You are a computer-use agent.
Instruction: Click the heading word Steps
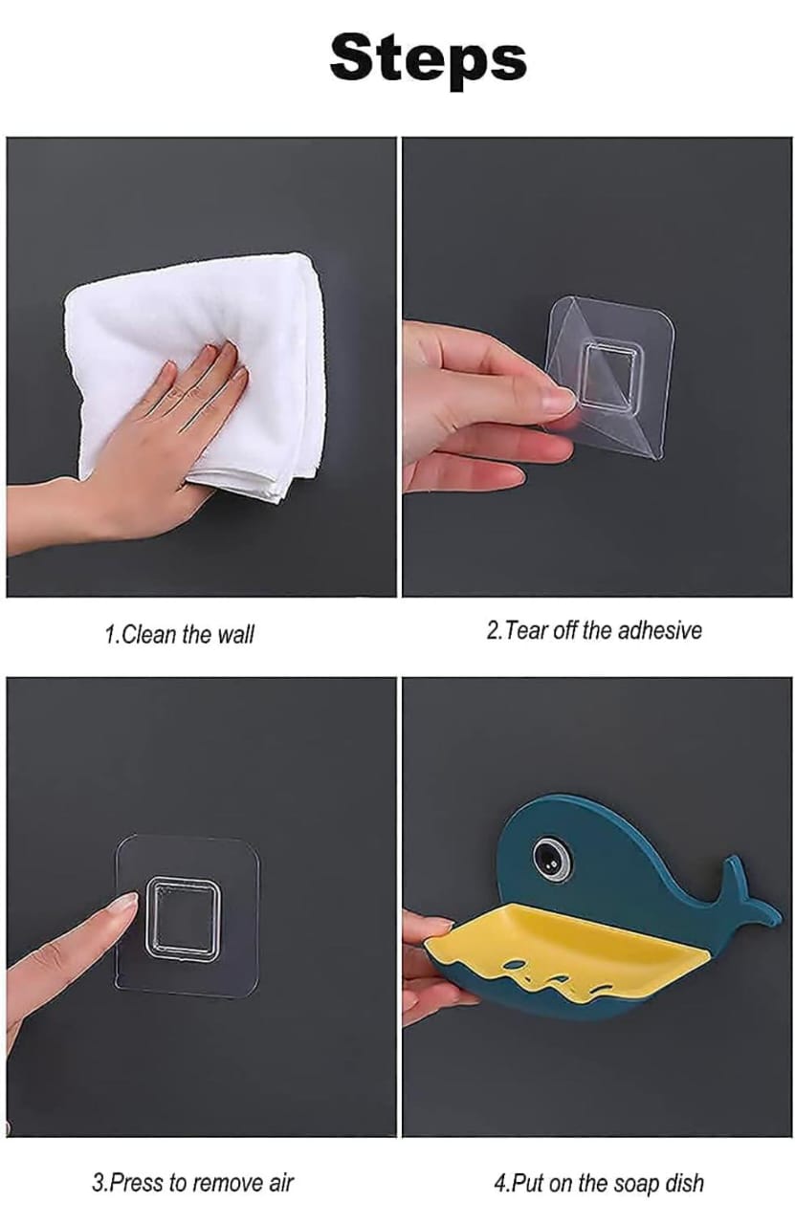click(428, 59)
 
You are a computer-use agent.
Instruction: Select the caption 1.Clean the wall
click(179, 634)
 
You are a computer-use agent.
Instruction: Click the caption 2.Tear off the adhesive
click(593, 630)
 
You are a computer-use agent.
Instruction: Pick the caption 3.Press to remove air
click(192, 1182)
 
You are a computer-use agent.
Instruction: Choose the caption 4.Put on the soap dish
click(599, 1183)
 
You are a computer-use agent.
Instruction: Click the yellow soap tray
click(574, 942)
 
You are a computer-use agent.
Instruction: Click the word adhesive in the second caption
click(659, 630)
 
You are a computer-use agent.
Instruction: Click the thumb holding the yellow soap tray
click(429, 926)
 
